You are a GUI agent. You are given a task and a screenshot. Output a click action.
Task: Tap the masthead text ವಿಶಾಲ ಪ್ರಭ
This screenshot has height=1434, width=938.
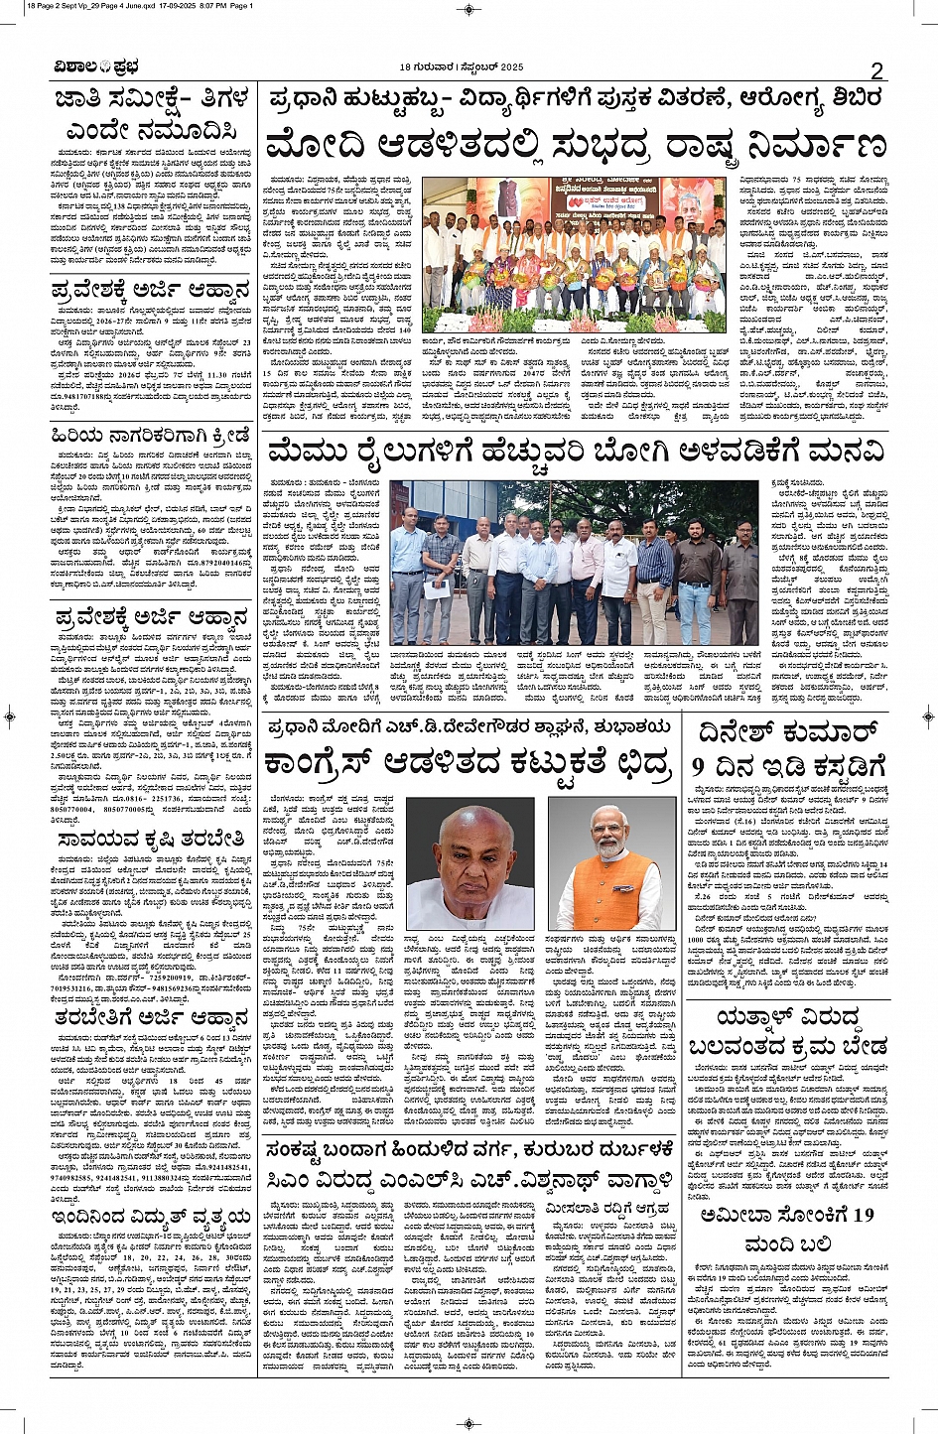click(x=97, y=67)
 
